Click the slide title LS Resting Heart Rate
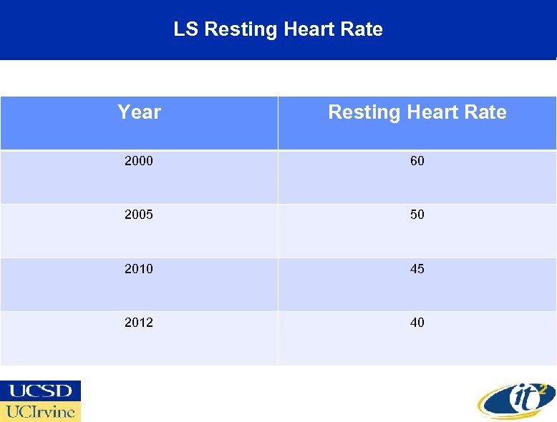click(x=278, y=29)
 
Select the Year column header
click(x=139, y=112)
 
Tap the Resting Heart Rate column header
click(x=417, y=112)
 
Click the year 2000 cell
click(x=139, y=161)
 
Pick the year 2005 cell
click(x=139, y=215)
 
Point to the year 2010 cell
click(x=139, y=269)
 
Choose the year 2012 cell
click(x=139, y=323)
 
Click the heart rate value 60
click(x=417, y=161)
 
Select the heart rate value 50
click(x=417, y=215)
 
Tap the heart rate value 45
click(x=417, y=269)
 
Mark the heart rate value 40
click(x=417, y=323)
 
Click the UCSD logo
click(x=40, y=391)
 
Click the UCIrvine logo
click(x=40, y=411)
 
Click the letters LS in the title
click(x=186, y=29)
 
